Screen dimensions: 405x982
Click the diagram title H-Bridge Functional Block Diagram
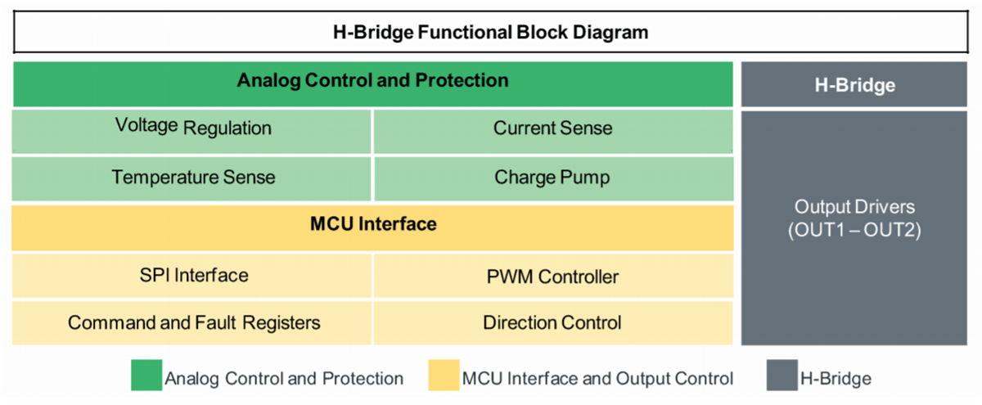tap(491, 33)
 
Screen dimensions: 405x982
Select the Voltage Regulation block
tap(192, 128)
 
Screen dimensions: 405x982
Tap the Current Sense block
tap(552, 128)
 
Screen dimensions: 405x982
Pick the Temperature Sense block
tap(192, 178)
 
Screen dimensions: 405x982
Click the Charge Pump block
tap(552, 178)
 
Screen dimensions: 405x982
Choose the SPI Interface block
tap(192, 275)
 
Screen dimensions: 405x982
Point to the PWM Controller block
tap(552, 277)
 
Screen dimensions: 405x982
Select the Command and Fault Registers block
tap(192, 322)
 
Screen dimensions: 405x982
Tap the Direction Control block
tap(552, 322)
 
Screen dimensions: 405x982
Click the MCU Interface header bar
tap(372, 224)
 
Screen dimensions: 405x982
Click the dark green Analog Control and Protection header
tap(372, 81)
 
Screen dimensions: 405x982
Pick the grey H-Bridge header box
tap(856, 84)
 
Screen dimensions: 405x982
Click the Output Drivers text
tap(856, 207)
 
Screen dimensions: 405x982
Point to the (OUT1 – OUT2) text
tap(856, 231)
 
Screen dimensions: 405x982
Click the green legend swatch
tap(146, 376)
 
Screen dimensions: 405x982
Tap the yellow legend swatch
tap(443, 376)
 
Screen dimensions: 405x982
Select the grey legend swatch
tap(782, 376)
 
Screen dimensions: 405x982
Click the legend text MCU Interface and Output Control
tap(597, 379)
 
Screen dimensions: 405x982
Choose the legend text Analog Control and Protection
tap(284, 379)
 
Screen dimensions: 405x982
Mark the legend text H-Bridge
tap(836, 379)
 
